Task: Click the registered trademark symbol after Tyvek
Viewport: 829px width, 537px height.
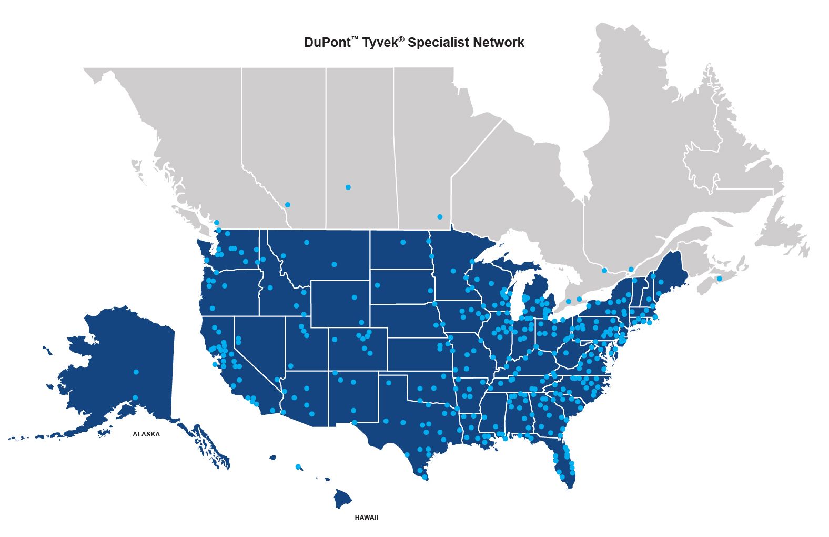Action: [x=401, y=39]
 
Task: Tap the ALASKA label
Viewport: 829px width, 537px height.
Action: [x=146, y=434]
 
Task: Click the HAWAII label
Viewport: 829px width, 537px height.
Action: [x=366, y=518]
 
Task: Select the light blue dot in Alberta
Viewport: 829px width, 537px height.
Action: [x=287, y=205]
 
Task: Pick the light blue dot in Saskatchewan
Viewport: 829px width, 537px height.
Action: [x=348, y=187]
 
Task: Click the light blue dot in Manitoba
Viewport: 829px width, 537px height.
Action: [x=440, y=217]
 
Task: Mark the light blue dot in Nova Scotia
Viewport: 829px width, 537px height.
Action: [x=720, y=279]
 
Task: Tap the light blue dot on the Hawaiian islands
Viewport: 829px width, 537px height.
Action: [x=298, y=466]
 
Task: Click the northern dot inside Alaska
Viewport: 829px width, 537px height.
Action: [x=136, y=372]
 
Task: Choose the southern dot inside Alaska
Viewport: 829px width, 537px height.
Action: [x=135, y=397]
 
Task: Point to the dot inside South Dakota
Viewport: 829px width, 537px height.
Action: [x=378, y=285]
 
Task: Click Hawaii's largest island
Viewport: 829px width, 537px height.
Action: [x=343, y=498]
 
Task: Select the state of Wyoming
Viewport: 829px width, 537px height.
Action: [x=339, y=304]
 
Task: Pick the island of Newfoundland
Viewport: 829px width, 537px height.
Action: [x=779, y=232]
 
